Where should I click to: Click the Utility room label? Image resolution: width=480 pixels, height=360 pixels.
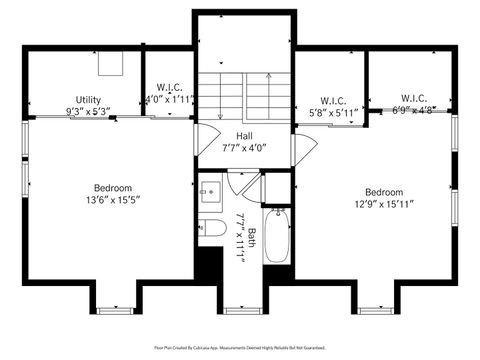[x=87, y=99]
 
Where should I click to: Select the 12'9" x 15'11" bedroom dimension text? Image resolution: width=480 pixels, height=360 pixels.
[x=384, y=205]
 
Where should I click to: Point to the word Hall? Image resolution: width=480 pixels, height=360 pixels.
[x=244, y=136]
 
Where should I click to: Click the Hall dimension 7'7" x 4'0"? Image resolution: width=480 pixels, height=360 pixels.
[x=244, y=148]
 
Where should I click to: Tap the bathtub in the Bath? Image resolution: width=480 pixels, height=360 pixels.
[x=277, y=235]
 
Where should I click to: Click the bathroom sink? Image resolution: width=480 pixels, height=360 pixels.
[x=210, y=193]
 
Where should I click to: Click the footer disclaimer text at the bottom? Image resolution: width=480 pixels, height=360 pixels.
[x=240, y=348]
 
